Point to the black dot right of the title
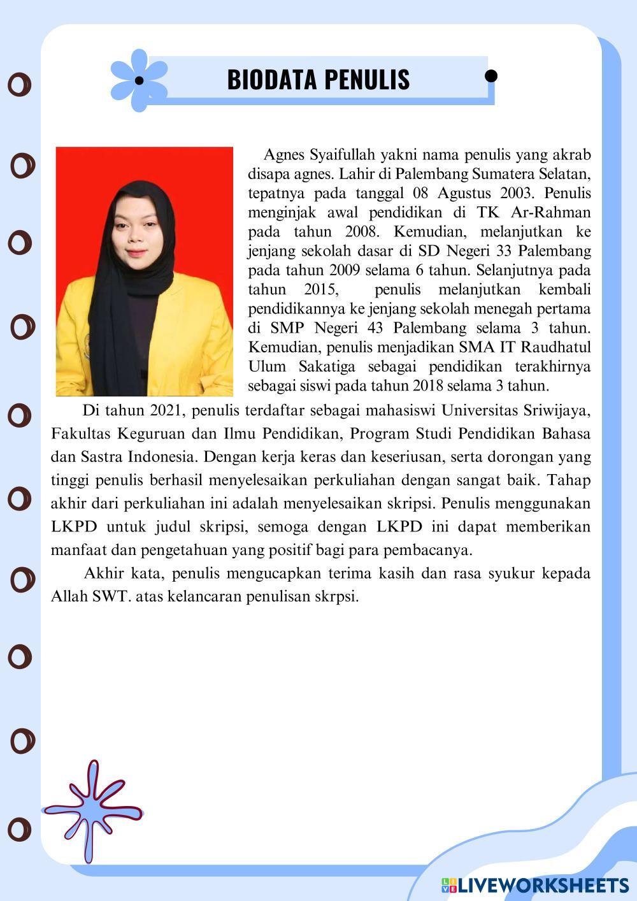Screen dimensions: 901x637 490,76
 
